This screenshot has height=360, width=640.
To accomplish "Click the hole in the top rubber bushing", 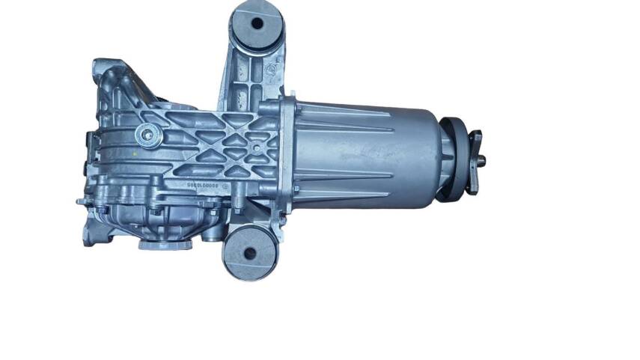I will (x=257, y=23).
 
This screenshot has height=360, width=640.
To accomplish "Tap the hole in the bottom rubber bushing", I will (x=248, y=253).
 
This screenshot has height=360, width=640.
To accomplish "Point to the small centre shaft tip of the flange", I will (x=484, y=159).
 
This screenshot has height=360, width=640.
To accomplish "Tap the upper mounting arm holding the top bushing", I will (x=241, y=71).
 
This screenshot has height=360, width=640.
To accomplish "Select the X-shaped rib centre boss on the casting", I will (x=257, y=148).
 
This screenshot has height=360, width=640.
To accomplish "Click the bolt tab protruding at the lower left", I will (x=82, y=201).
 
